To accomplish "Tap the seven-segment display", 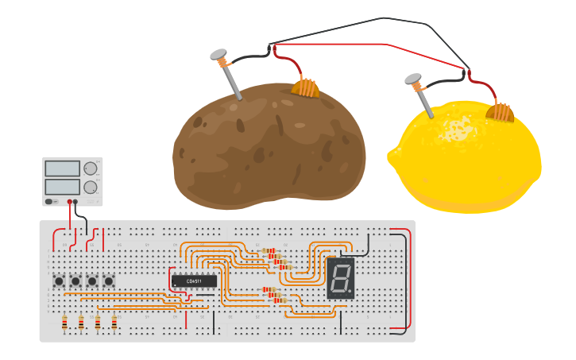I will pos(340,278).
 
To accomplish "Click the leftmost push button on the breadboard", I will pos(59,281).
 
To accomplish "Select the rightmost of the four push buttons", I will pos(109,281).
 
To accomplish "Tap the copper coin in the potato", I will pos(305,87).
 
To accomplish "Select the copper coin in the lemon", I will pos(503,112).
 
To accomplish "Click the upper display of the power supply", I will pos(63,168).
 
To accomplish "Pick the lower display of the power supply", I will pos(63,187).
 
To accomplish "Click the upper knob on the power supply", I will pos(91,168).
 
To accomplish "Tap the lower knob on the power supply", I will pos(91,188).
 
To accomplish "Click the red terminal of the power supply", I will pos(70,202).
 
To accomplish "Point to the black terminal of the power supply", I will pos(76,202).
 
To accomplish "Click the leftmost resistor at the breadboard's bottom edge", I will pos(64,322).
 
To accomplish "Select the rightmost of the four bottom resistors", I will pos(114,322).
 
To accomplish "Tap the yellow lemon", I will pos(469,159).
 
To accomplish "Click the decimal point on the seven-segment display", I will pos(350,292).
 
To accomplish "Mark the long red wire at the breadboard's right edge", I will pos(410,278).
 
